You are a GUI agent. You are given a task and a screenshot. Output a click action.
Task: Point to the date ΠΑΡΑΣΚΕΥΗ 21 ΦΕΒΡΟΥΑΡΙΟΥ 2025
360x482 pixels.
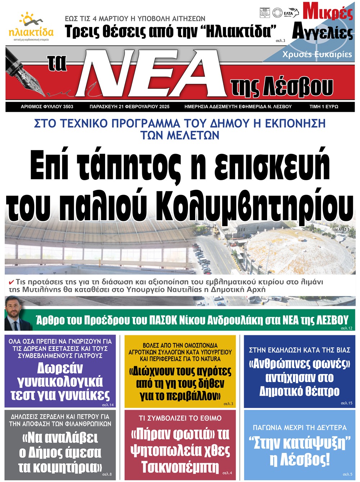tap(129, 106)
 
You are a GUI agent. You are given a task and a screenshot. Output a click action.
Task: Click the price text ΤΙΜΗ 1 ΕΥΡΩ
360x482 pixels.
tap(324, 106)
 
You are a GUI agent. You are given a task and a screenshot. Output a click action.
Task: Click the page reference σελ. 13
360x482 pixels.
tap(341, 229)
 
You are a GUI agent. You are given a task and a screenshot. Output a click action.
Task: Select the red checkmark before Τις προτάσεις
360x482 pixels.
tap(12, 282)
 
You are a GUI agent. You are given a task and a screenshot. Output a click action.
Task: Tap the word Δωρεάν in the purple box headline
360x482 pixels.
tap(60, 368)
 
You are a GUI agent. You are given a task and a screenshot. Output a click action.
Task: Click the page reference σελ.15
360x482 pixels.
tap(346, 403)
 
